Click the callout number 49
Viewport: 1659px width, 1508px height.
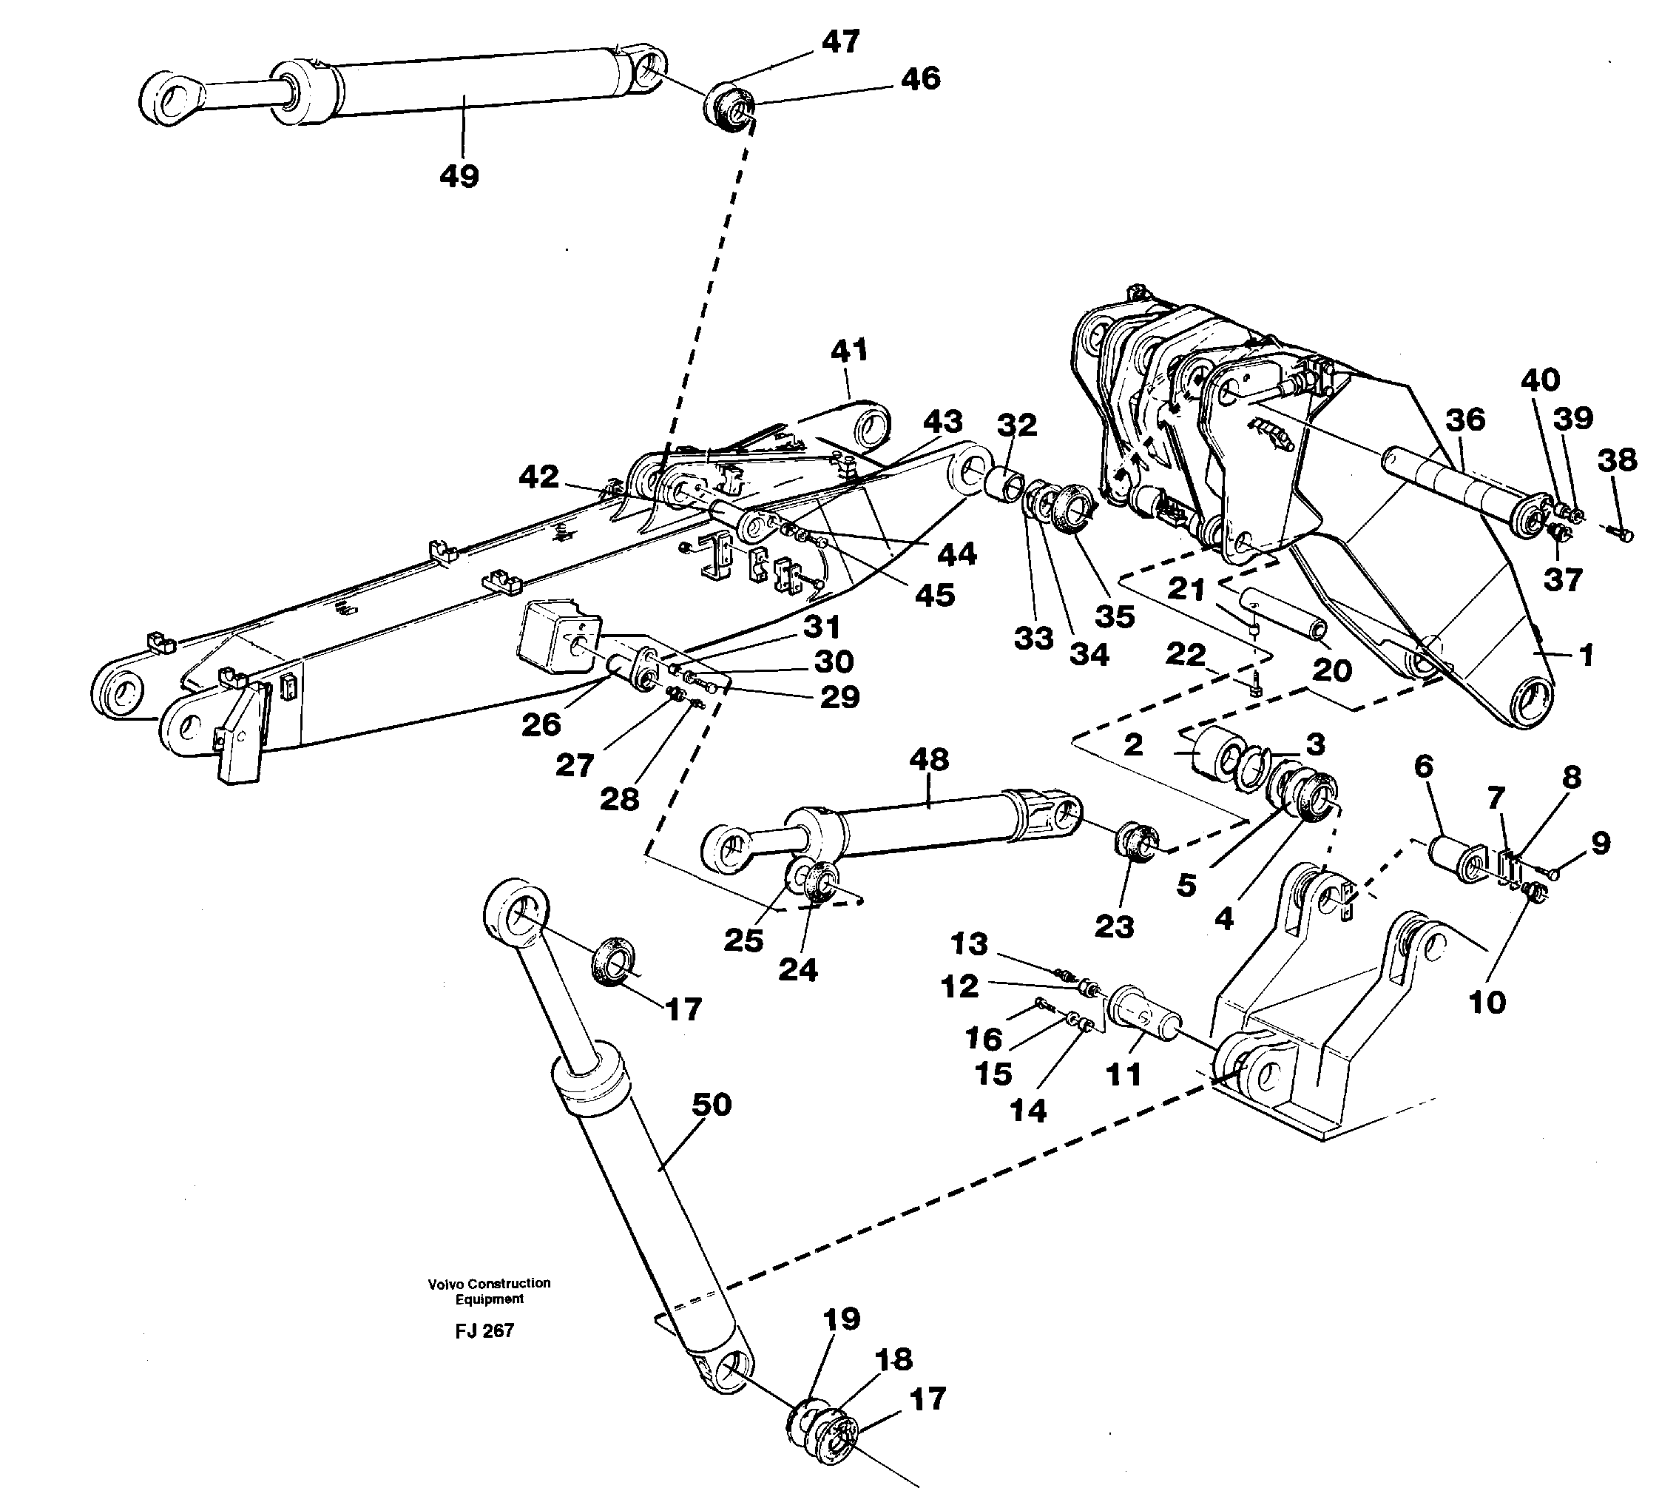pyautogui.click(x=459, y=175)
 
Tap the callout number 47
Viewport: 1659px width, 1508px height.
pyautogui.click(x=840, y=41)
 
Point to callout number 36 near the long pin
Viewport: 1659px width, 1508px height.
pyautogui.click(x=1464, y=419)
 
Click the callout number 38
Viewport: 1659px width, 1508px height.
pyautogui.click(x=1618, y=460)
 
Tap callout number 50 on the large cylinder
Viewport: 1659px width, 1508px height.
pyautogui.click(x=711, y=1105)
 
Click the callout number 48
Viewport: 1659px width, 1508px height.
pyautogui.click(x=929, y=759)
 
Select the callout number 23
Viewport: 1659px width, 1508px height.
pyautogui.click(x=1114, y=927)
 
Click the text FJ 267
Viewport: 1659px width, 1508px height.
pyautogui.click(x=484, y=1331)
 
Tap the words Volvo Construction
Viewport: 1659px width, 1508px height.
pyautogui.click(x=489, y=1283)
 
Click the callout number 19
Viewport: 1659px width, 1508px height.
pyautogui.click(x=841, y=1319)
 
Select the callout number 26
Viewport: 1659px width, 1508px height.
pyautogui.click(x=541, y=724)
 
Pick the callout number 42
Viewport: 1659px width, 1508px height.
pyautogui.click(x=539, y=477)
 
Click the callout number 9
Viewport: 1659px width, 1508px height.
pyautogui.click(x=1600, y=843)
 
